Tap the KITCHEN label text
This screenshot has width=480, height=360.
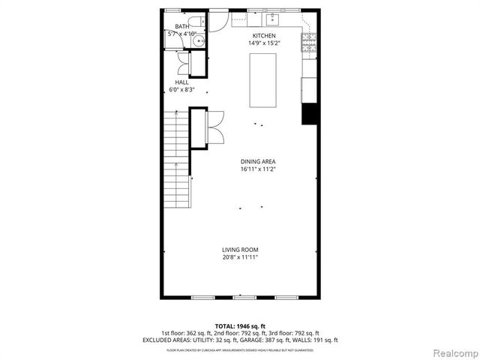(264, 36)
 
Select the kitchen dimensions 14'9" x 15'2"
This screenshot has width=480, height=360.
(264, 43)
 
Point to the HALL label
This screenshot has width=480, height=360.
(181, 82)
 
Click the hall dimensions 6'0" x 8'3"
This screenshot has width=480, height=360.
(181, 90)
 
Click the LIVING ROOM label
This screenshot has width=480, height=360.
(240, 250)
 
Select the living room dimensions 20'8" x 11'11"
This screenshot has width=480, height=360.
(240, 258)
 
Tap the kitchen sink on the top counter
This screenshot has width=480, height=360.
(272, 18)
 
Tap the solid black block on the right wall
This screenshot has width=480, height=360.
(310, 114)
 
